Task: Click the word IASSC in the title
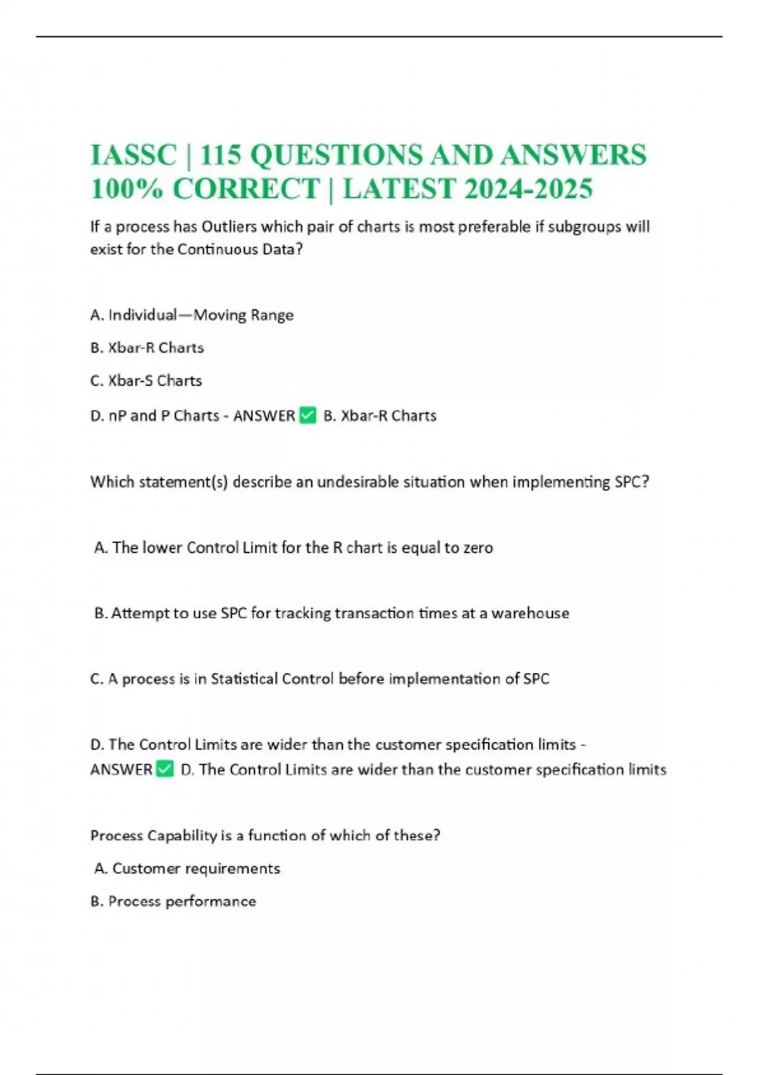click(x=133, y=155)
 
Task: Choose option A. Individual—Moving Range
click(x=192, y=315)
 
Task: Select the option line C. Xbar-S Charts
click(x=146, y=381)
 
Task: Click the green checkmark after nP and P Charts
click(x=307, y=415)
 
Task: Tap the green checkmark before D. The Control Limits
click(x=164, y=769)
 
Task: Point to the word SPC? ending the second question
click(x=631, y=482)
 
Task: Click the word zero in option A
click(x=478, y=548)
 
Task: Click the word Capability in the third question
click(x=182, y=835)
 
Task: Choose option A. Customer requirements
click(x=187, y=868)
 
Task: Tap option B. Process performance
click(x=173, y=901)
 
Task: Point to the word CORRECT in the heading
click(x=246, y=188)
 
